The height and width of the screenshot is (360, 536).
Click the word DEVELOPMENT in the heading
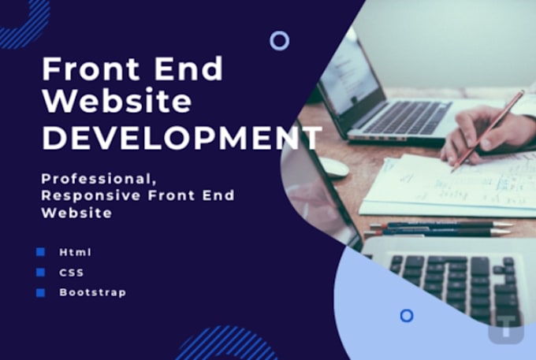point(181,138)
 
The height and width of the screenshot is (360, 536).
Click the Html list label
point(75,252)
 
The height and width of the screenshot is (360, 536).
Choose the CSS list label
point(71,273)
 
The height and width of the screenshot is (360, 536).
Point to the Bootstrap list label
point(92,292)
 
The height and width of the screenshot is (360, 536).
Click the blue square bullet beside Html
point(40,252)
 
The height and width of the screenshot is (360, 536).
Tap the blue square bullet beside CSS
point(40,273)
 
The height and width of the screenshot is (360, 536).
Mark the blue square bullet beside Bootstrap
point(40,292)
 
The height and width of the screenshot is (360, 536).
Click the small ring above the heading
point(279,40)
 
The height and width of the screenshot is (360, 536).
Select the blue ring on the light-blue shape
point(407,315)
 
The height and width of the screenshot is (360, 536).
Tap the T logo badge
point(505,325)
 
